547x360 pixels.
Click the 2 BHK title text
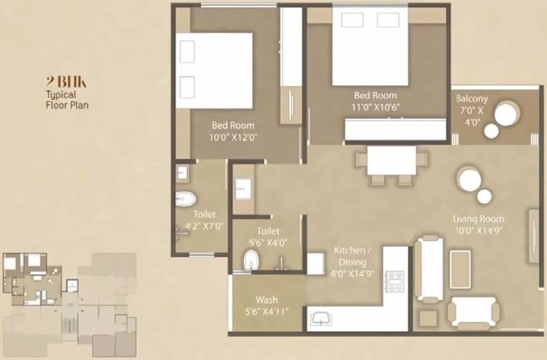click(x=66, y=81)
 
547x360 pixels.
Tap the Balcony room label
click(x=472, y=99)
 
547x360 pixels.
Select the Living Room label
click(x=479, y=219)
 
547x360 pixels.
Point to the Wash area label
click(x=267, y=299)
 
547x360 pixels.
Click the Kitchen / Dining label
click(x=350, y=256)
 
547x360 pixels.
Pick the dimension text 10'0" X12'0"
click(x=233, y=137)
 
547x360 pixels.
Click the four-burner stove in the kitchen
click(x=395, y=281)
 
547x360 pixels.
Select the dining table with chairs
click(x=391, y=164)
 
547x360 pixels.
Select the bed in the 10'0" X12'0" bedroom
click(x=214, y=70)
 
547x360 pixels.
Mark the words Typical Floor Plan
click(x=67, y=100)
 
